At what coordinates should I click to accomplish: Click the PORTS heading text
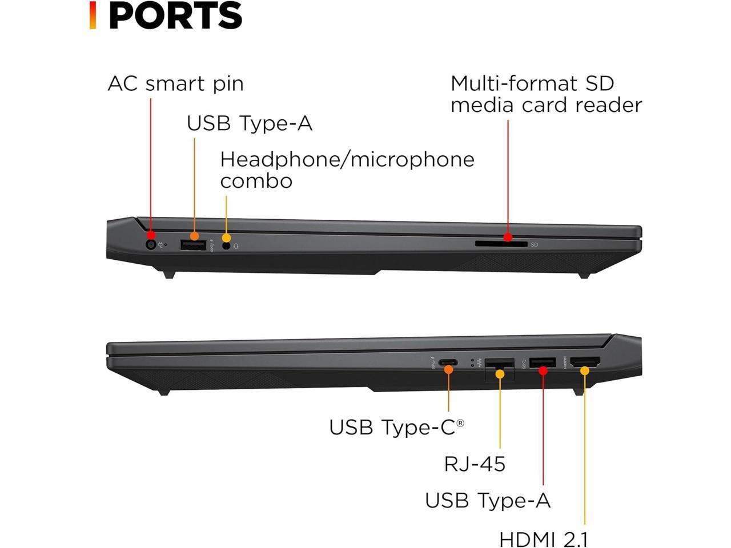tap(175, 15)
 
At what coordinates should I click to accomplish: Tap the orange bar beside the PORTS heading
tap(93, 15)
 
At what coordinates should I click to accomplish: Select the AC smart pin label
tap(175, 83)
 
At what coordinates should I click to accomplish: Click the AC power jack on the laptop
tap(151, 245)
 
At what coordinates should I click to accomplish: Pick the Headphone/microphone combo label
tap(347, 170)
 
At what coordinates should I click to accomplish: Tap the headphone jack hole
tap(226, 245)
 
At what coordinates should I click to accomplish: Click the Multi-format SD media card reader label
tap(546, 94)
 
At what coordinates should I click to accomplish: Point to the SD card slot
tap(501, 244)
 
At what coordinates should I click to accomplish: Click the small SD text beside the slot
tap(535, 245)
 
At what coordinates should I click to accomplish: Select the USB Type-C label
tap(396, 427)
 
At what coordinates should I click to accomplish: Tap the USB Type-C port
tap(447, 362)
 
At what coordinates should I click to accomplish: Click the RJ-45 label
tap(475, 464)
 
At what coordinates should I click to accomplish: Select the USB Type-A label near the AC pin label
tap(250, 123)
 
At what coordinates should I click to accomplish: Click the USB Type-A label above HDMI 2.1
tap(488, 501)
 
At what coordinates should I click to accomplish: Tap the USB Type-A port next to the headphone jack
tap(193, 245)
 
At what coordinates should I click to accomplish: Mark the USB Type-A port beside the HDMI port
tap(543, 362)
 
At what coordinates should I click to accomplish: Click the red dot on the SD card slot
tap(508, 237)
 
